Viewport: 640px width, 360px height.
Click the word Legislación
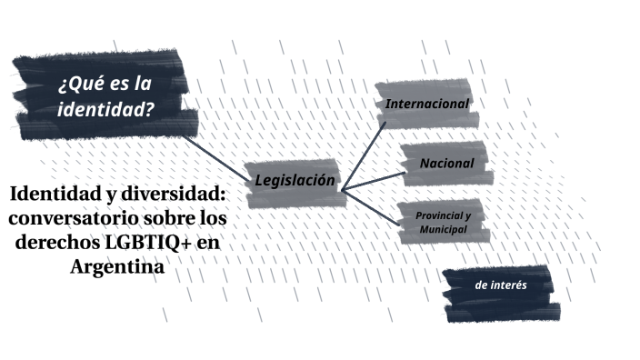[295, 181]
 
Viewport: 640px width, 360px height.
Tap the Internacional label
[427, 104]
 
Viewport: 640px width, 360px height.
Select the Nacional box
[446, 164]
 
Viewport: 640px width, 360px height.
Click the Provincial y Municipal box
[443, 223]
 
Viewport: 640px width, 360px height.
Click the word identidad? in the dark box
[105, 111]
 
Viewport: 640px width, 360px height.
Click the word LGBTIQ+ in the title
[148, 245]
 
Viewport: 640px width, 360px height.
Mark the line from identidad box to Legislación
[218, 151]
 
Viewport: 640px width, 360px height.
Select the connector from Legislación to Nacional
[373, 179]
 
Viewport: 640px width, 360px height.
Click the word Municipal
[443, 230]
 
